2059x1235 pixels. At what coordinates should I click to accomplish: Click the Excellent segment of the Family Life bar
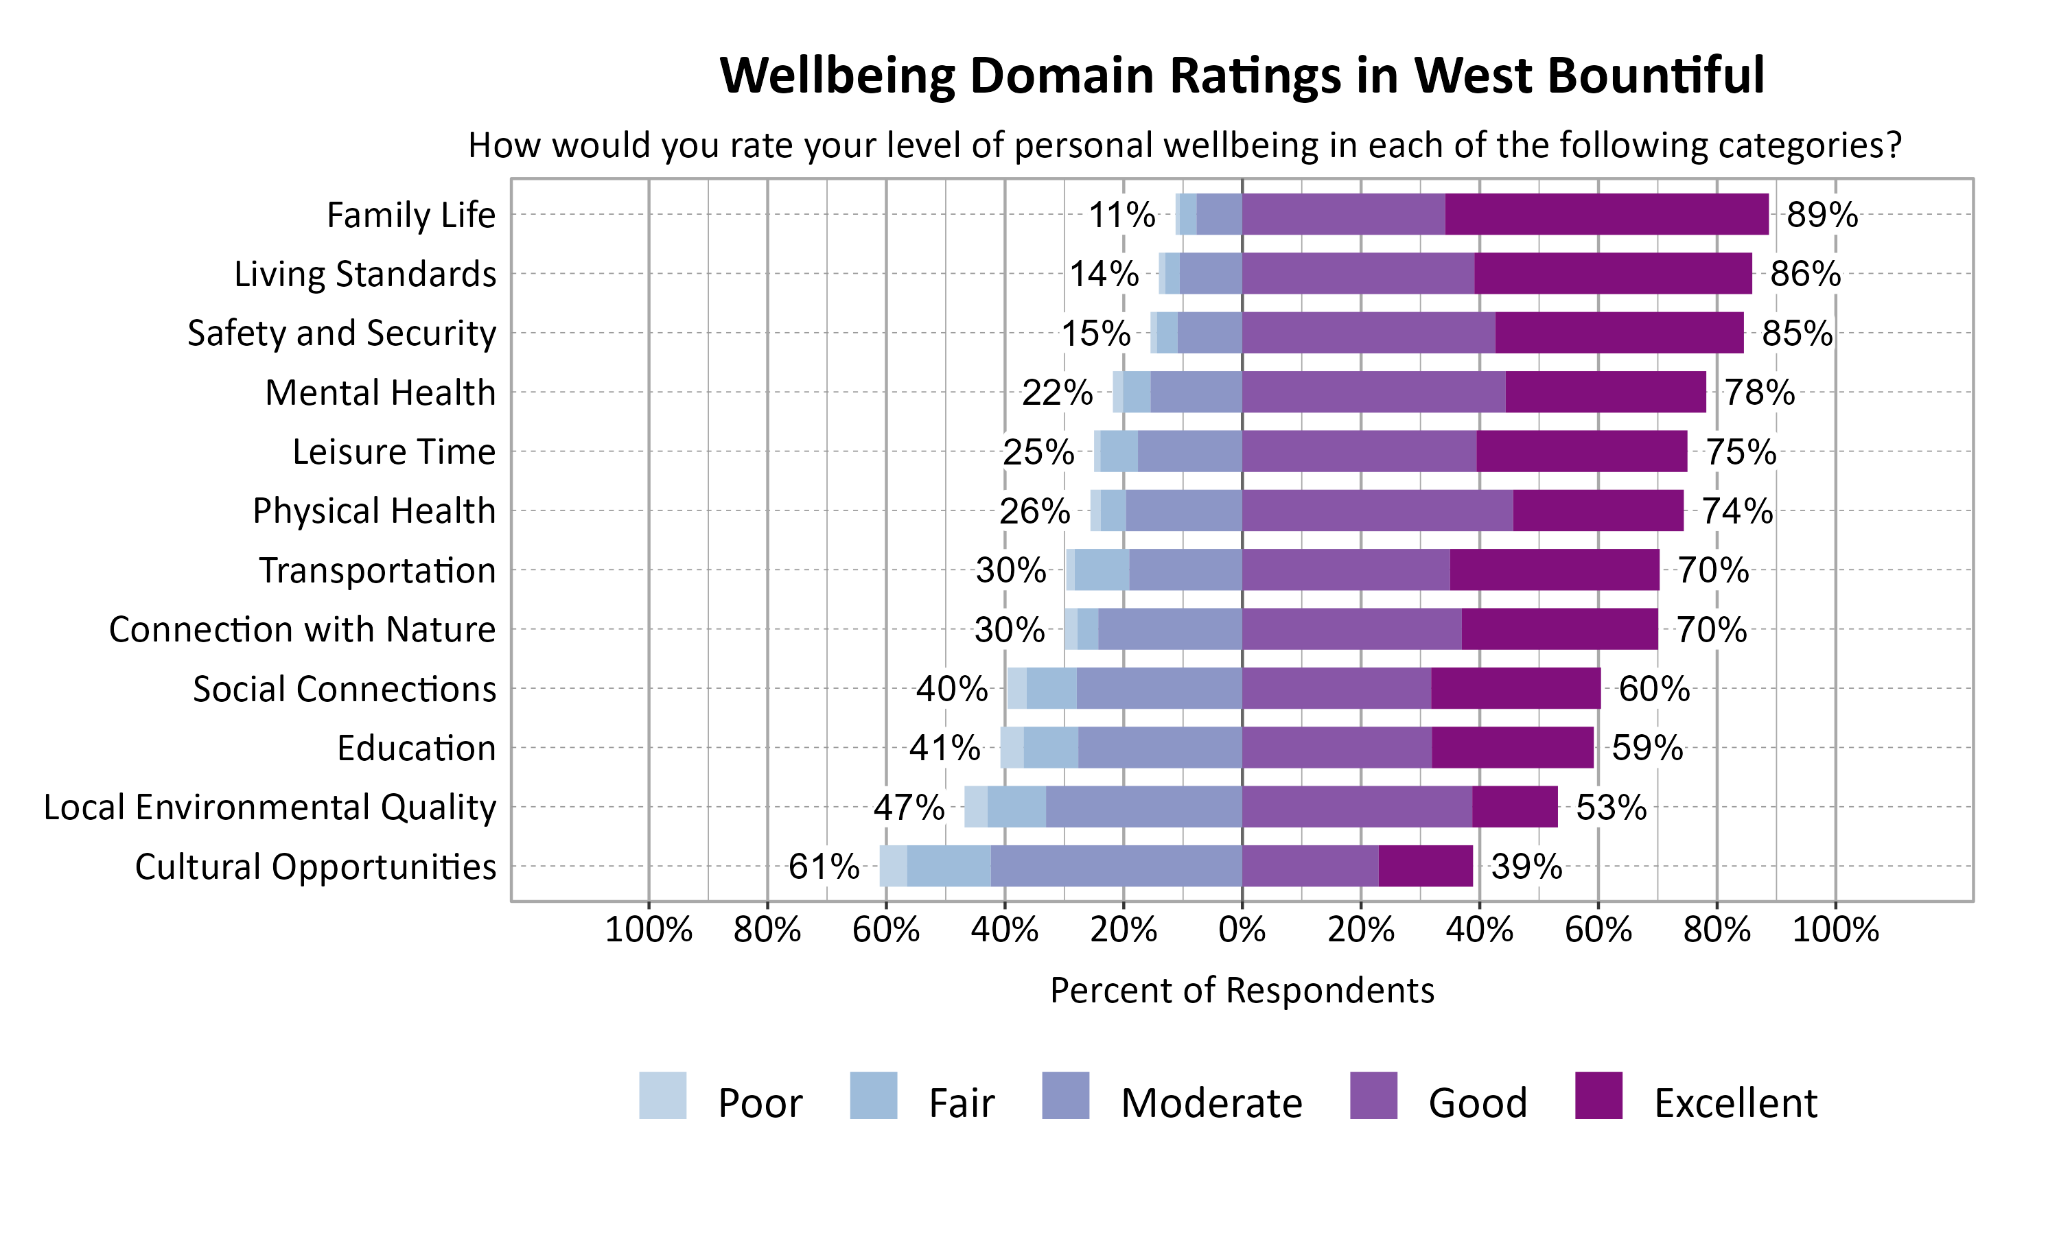coord(1606,214)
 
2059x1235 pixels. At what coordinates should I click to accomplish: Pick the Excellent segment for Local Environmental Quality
coord(1514,806)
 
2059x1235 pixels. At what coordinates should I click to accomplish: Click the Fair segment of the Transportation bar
coord(1101,570)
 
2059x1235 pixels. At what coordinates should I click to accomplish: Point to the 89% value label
coord(1822,215)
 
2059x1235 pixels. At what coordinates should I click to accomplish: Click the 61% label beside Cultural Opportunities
coord(823,867)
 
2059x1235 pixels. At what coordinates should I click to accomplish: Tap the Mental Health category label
coord(380,392)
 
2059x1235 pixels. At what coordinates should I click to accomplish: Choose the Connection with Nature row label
coord(302,629)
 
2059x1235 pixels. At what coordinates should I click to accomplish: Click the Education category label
coord(416,748)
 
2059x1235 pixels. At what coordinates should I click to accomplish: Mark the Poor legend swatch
coord(662,1095)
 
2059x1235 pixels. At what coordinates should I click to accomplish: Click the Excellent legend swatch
coord(1598,1095)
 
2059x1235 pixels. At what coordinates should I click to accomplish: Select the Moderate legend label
coord(1211,1103)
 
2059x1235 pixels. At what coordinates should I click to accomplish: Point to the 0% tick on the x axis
coord(1242,930)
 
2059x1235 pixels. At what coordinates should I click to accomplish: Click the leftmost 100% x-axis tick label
coord(649,930)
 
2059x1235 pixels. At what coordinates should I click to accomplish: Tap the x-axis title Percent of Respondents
coord(1242,990)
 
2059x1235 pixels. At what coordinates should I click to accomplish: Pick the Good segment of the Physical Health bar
coord(1377,510)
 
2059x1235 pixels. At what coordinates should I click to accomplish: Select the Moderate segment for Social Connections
coord(1159,688)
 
